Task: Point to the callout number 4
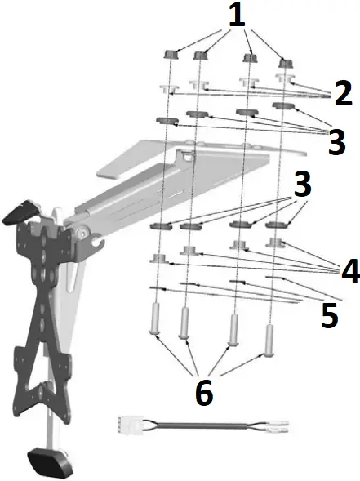tap(349, 272)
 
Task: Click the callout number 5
tap(329, 315)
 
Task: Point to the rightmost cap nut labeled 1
tap(285, 63)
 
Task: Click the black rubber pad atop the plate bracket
tap(20, 212)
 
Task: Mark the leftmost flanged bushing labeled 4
tap(158, 258)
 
